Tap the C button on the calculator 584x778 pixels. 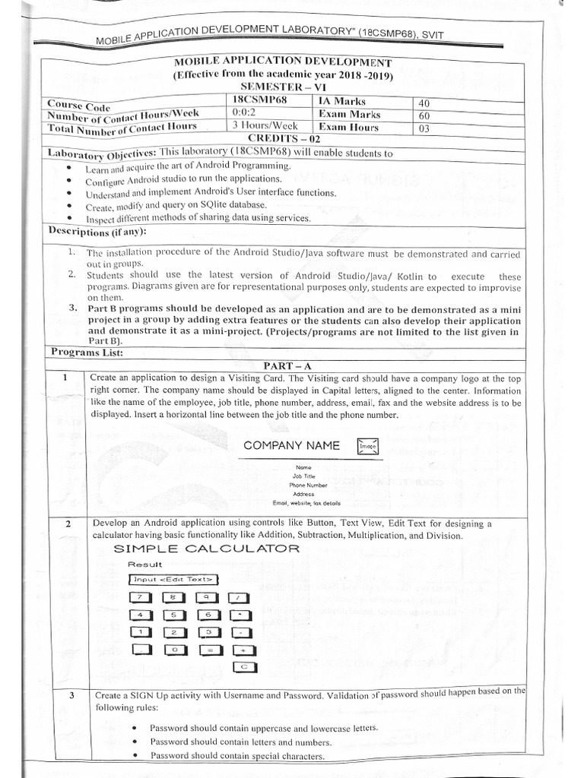[x=244, y=667]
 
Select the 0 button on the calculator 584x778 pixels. [x=174, y=650]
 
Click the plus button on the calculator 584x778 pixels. [x=240, y=650]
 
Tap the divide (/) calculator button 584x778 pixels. [x=240, y=597]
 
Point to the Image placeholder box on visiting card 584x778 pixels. [x=366, y=447]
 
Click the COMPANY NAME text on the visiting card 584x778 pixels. [x=291, y=445]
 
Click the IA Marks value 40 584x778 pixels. [x=424, y=103]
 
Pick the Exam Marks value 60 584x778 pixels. [x=424, y=115]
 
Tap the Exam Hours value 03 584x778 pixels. [x=424, y=128]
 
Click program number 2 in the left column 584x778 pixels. [x=68, y=524]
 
